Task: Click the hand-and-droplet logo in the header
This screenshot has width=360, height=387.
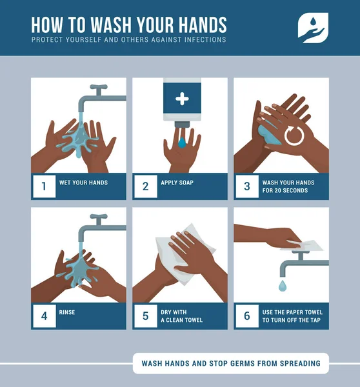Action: coord(313,28)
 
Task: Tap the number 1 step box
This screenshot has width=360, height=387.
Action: coord(44,186)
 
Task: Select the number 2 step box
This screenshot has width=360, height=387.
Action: coord(145,186)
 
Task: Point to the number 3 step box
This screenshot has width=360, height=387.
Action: coord(246,186)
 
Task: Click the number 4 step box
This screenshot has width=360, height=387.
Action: coord(44,316)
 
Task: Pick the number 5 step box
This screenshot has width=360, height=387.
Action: coord(145,316)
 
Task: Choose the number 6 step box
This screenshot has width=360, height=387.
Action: coord(246,316)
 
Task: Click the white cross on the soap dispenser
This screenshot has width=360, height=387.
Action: coord(183,99)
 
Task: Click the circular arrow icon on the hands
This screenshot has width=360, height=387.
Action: coord(294,136)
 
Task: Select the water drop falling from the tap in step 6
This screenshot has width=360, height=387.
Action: coord(283,284)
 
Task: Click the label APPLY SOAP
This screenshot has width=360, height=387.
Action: coord(177,183)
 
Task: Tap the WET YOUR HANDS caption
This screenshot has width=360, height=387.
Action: coord(83,183)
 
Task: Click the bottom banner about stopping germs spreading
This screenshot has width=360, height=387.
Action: coord(230,363)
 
